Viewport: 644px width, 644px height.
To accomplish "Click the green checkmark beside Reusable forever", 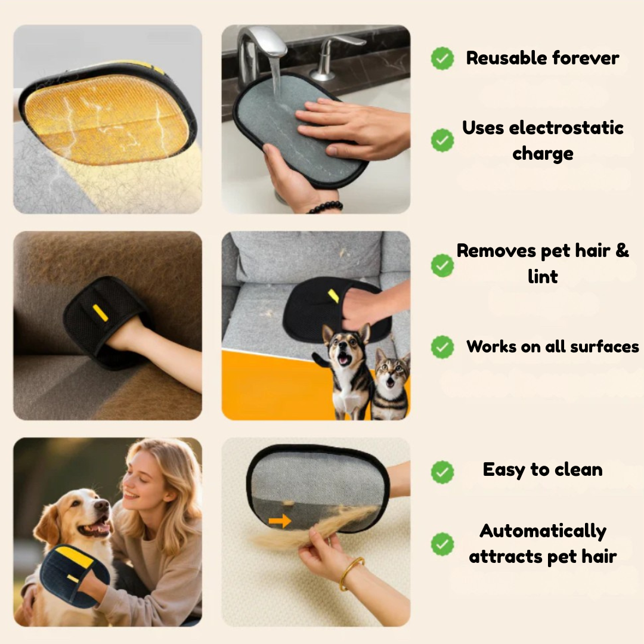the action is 442,58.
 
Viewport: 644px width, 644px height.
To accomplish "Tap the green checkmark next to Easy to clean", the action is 442,472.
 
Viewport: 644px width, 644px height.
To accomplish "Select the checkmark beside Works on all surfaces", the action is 442,347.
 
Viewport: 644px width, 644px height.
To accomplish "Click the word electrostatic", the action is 566,128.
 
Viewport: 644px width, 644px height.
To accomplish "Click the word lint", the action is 543,277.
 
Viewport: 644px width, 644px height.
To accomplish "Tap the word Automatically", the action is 543,532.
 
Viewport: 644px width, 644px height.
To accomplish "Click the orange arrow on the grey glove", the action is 280,522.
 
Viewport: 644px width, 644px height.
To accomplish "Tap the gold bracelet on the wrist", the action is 351,573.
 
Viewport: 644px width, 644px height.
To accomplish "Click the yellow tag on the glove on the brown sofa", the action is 100,313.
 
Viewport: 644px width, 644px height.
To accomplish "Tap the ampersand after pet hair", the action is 621,250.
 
